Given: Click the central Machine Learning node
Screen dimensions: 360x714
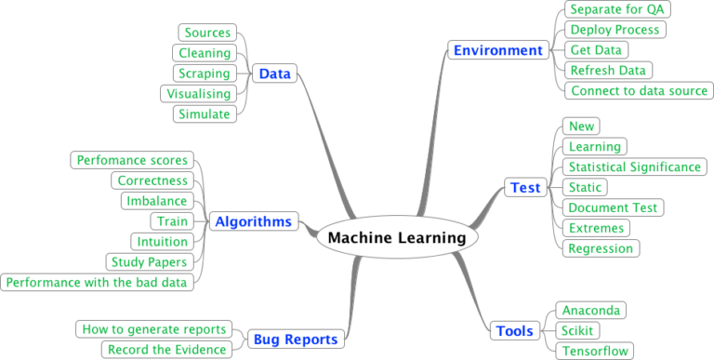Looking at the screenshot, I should (x=397, y=238).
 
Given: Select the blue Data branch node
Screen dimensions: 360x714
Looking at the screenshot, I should (x=275, y=73).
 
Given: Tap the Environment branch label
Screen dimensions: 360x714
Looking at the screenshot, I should (x=497, y=50).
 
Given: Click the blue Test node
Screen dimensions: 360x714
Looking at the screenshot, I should (x=525, y=188).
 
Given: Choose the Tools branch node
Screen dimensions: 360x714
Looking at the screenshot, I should (x=515, y=330).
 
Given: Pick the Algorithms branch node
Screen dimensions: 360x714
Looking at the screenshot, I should (x=253, y=221).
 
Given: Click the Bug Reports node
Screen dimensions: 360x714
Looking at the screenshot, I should (x=297, y=340).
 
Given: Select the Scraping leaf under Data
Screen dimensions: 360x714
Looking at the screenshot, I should (x=204, y=73).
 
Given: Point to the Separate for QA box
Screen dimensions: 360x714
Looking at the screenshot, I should (x=617, y=9).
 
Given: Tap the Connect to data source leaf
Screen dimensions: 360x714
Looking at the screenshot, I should (x=640, y=91).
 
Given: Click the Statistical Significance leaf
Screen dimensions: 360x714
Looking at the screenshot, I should (x=635, y=167).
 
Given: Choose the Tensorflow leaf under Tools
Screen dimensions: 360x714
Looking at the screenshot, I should (x=595, y=351).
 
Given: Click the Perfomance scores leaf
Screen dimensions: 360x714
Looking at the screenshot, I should (x=133, y=160).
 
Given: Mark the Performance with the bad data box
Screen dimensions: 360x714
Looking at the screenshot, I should (x=97, y=282).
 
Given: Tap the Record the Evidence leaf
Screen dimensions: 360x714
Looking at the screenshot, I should (x=166, y=350).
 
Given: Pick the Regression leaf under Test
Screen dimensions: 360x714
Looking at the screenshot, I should (x=601, y=248).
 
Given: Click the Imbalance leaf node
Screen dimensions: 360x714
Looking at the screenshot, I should (x=157, y=201).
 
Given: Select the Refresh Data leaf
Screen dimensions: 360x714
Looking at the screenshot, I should (x=608, y=71).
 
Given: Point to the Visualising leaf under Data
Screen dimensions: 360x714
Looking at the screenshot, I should (x=198, y=94).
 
